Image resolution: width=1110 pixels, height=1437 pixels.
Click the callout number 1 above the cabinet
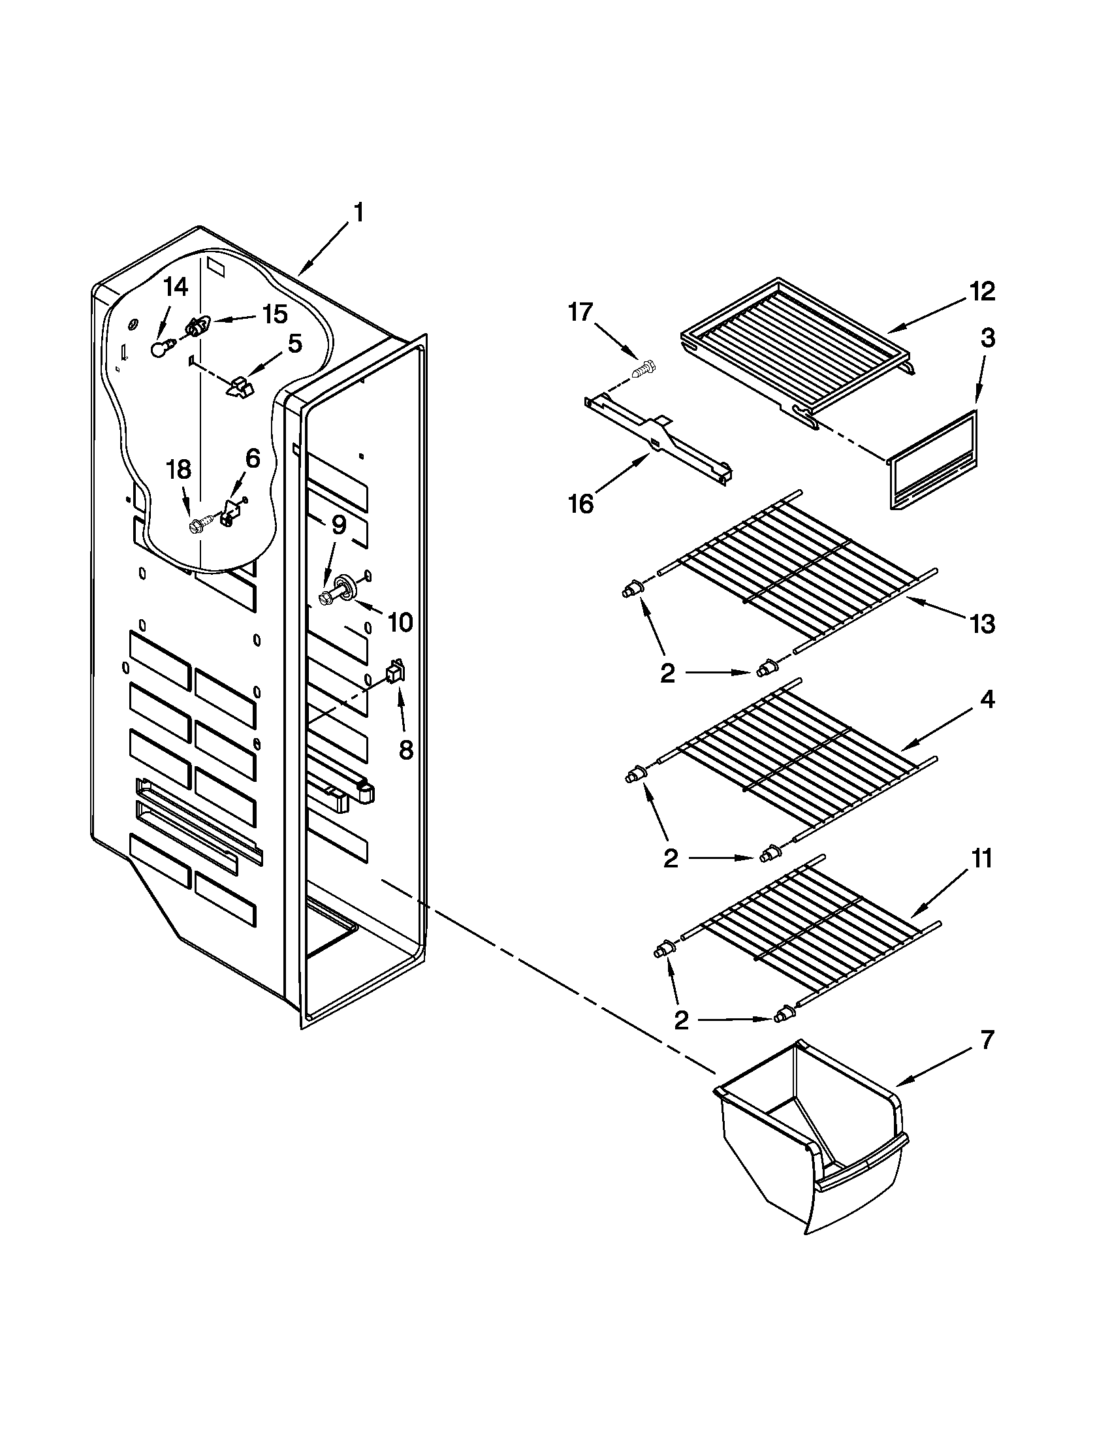coord(358,214)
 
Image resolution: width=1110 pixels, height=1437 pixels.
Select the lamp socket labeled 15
coord(196,326)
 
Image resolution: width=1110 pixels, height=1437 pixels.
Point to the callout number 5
coord(294,344)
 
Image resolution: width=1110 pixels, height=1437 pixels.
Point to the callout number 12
coord(983,291)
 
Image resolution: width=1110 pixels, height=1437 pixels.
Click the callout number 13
coord(983,624)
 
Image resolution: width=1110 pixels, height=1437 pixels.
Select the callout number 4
coord(987,700)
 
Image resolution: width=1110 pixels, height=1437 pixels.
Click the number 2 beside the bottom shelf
coord(680,1020)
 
